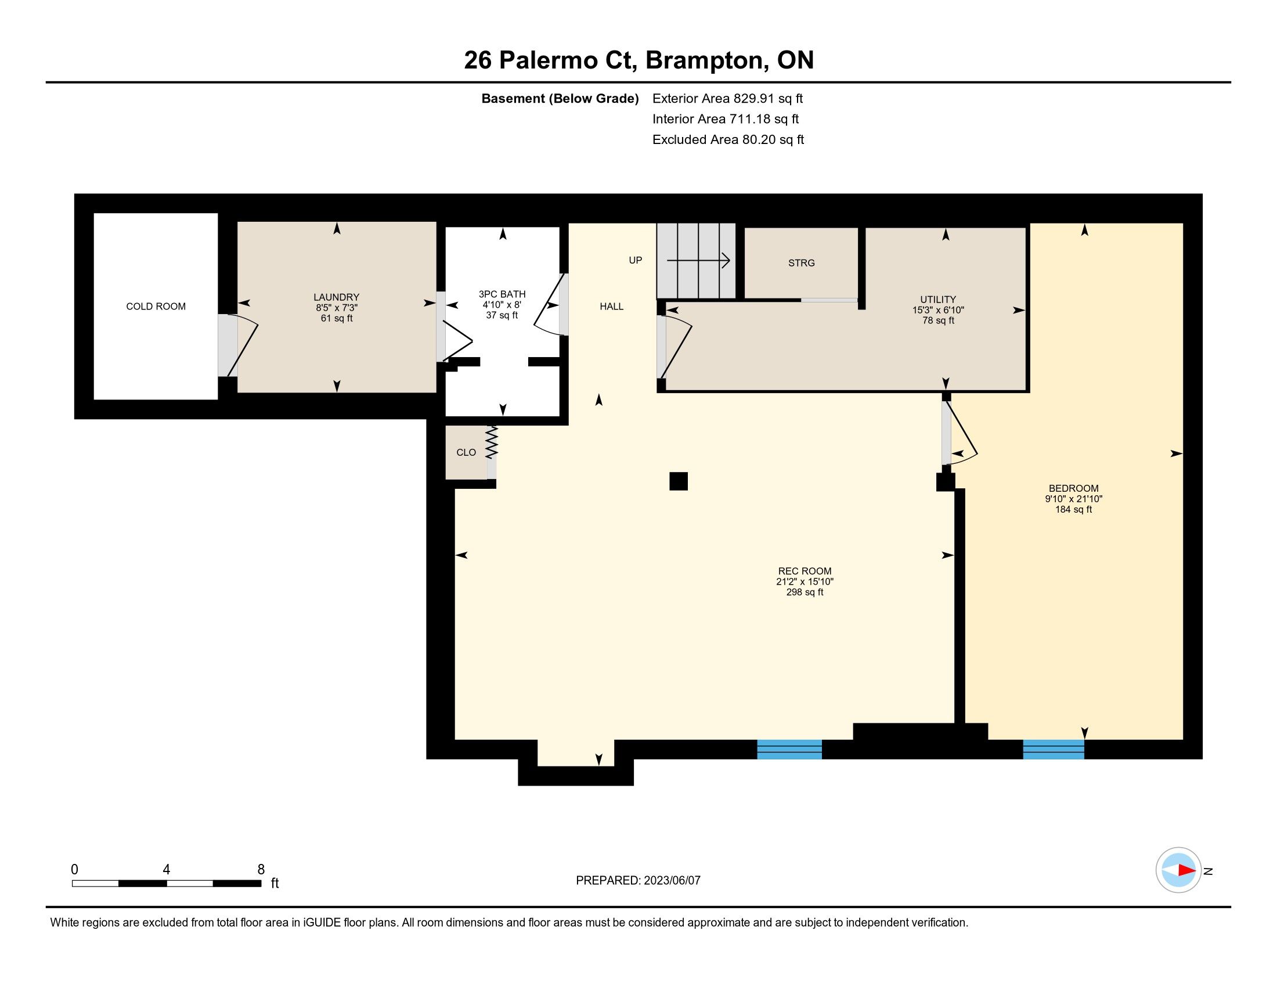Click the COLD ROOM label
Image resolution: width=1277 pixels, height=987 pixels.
click(x=156, y=307)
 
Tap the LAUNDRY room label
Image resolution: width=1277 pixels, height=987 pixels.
click(x=336, y=297)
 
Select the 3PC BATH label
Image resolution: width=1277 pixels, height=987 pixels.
click(x=502, y=294)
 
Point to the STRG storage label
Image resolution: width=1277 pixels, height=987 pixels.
click(x=801, y=263)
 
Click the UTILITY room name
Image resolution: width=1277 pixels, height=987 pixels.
click(x=938, y=300)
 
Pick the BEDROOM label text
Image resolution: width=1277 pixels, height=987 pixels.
click(x=1073, y=488)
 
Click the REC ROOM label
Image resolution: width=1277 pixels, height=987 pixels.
click(x=805, y=571)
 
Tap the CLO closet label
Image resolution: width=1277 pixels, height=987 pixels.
click(x=466, y=453)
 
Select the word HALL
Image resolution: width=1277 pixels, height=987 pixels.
click(x=612, y=307)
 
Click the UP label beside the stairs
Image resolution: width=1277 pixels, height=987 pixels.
click(x=635, y=260)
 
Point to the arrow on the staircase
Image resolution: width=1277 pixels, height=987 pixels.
click(x=698, y=260)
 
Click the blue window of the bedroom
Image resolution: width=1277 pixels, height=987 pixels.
click(x=1054, y=749)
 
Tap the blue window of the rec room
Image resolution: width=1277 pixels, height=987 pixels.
click(x=789, y=749)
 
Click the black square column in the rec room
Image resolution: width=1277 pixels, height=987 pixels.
click(x=678, y=481)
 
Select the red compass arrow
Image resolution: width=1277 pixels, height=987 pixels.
click(x=1187, y=870)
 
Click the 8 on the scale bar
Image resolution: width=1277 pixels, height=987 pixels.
click(x=261, y=870)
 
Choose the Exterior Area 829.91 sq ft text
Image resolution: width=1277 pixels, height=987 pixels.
click(x=728, y=99)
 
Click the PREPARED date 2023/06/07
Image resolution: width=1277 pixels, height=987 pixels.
click(x=672, y=881)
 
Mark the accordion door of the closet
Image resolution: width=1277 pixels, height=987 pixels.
click(x=491, y=442)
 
